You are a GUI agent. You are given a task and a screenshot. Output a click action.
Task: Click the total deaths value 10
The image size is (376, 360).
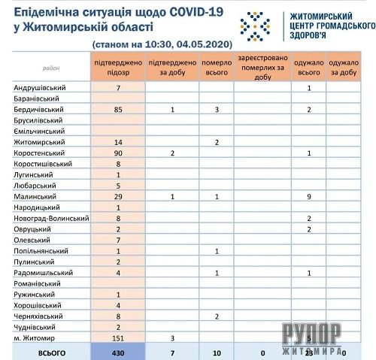pyautogui.click(x=217, y=352)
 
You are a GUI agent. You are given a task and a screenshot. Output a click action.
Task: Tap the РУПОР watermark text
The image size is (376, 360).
pyautogui.click(x=312, y=333)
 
